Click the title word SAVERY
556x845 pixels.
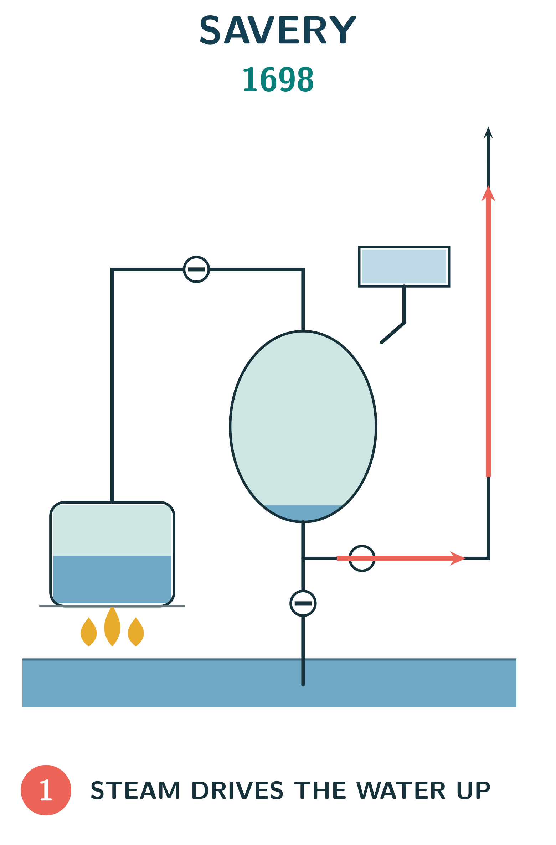pyautogui.click(x=278, y=30)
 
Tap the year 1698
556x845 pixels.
pyautogui.click(x=278, y=79)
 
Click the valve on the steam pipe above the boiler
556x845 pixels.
pyautogui.click(x=196, y=269)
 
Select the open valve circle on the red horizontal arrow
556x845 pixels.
pyautogui.click(x=362, y=558)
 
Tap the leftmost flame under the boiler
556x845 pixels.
pyautogui.click(x=89, y=632)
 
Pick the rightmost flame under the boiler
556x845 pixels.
pyautogui.click(x=136, y=632)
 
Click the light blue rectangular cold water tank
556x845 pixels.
pyautogui.click(x=404, y=267)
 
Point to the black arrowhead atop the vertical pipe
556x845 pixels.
pyautogui.click(x=488, y=132)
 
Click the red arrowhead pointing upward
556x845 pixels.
pyautogui.click(x=488, y=194)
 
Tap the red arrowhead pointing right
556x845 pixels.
pyautogui.click(x=458, y=558)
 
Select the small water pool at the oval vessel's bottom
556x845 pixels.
pyautogui.click(x=303, y=513)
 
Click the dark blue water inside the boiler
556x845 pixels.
pyautogui.click(x=112, y=579)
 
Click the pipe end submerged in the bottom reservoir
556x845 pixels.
pyautogui.click(x=303, y=685)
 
